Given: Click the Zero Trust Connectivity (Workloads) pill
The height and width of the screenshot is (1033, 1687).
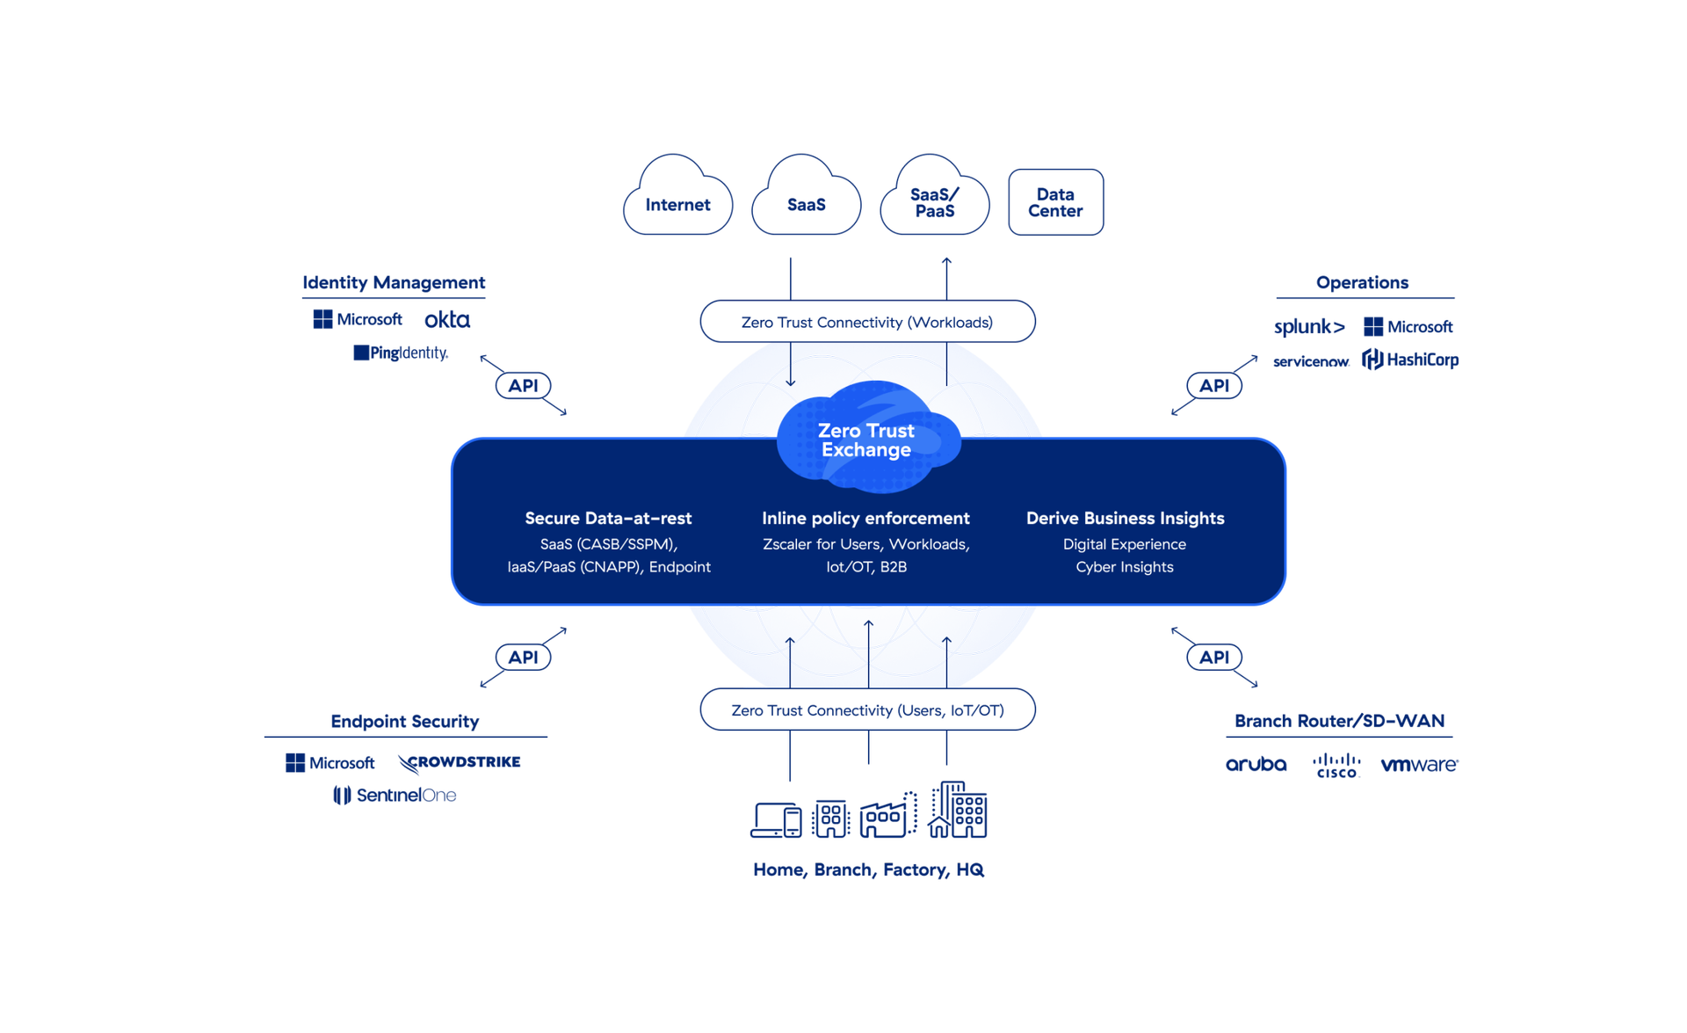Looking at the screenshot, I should (867, 322).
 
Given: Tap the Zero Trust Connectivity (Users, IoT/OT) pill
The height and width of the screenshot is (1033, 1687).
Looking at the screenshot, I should (867, 709).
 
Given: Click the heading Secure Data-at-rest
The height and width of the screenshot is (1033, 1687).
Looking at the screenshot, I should (608, 518).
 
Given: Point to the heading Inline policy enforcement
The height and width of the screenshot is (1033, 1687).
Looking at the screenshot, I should (865, 518).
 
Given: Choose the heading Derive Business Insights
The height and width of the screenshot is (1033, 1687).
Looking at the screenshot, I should (1125, 518).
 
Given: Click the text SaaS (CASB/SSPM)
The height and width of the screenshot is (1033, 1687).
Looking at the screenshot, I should (607, 544).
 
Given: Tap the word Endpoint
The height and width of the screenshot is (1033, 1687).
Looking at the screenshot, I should (679, 567).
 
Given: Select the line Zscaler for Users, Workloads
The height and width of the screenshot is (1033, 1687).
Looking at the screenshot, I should (865, 544).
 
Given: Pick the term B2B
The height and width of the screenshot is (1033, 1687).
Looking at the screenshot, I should (893, 567).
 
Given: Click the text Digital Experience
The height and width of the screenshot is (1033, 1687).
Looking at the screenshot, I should (1124, 544).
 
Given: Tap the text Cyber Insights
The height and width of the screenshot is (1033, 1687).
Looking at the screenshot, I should (1124, 567).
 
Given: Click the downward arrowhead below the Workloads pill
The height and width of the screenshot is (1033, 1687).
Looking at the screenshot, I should (790, 382).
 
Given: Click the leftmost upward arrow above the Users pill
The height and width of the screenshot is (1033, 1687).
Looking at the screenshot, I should (790, 643).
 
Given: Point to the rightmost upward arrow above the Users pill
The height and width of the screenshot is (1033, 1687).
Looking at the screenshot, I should (946, 643).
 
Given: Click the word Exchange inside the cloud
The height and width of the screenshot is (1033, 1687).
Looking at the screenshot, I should (865, 450).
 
